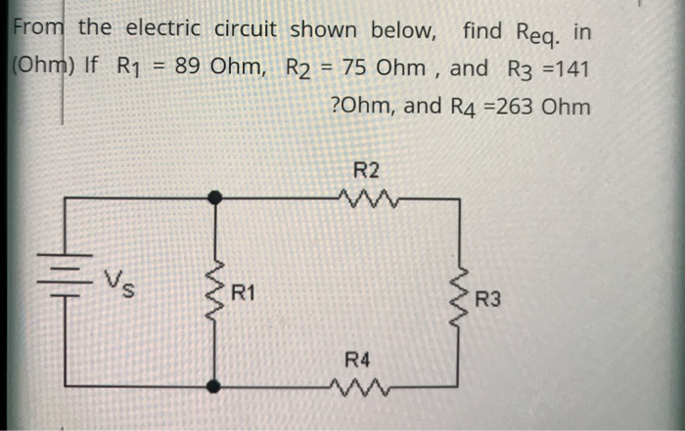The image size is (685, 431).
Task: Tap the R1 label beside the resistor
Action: point(244,292)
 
